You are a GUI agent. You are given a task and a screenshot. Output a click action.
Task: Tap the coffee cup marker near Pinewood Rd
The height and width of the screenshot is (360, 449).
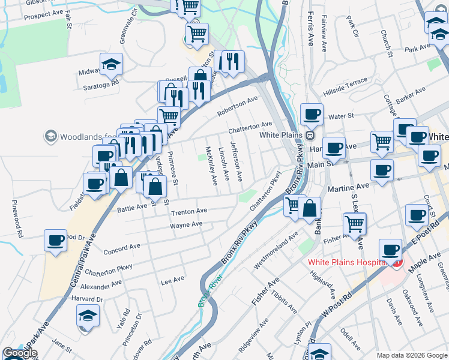coord(55,241)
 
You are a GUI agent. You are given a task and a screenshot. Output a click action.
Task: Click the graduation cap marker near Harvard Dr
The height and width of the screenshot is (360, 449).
coord(88,315)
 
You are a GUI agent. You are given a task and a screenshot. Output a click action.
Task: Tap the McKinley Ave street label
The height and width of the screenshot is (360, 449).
coord(211,166)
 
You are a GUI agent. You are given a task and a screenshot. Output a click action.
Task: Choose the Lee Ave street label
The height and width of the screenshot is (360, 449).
coord(172,280)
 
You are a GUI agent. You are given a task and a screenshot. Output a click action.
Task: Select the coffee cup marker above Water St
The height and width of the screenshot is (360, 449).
coord(312,114)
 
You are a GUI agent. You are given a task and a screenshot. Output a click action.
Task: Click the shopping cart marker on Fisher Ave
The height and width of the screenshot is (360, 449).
coord(354,224)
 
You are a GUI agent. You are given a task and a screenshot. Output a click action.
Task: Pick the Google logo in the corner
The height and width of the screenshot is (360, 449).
coord(20,353)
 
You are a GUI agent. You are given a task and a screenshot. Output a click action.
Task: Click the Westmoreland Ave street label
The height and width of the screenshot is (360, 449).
coord(276,248)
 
